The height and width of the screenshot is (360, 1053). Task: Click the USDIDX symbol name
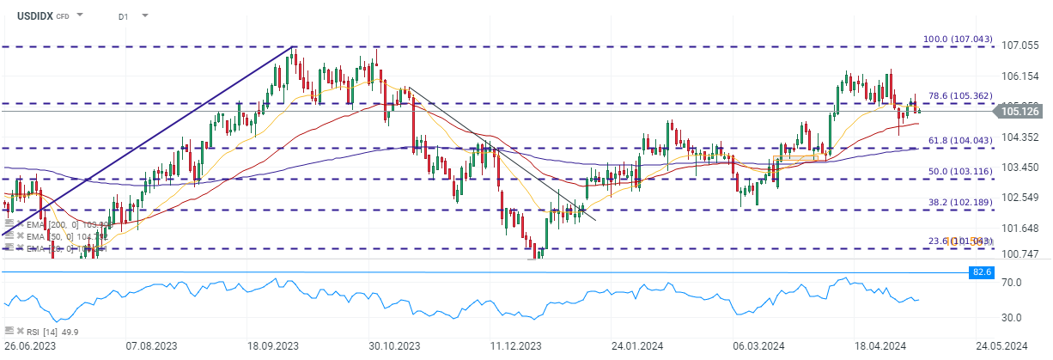click(x=35, y=15)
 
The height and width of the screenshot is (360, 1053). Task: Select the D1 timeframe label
click(x=124, y=15)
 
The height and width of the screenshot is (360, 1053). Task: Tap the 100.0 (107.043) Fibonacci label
click(x=957, y=40)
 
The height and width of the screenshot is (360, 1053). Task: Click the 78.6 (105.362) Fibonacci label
click(x=959, y=96)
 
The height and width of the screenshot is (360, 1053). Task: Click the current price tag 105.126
click(x=1020, y=111)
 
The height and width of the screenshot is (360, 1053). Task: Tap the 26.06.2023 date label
click(x=30, y=345)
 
